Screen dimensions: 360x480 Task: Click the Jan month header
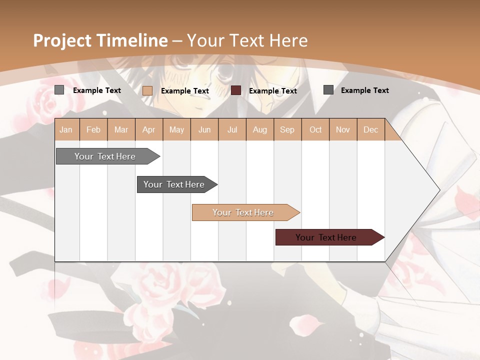(66, 129)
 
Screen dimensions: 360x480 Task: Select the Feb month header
(93, 129)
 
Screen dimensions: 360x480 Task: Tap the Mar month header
(121, 129)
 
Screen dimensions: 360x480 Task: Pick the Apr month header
(149, 129)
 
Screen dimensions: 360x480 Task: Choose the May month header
(176, 129)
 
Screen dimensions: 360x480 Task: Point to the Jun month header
(204, 129)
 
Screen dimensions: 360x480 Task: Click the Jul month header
(232, 129)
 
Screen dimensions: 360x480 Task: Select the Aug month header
(260, 129)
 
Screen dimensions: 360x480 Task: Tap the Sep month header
(287, 129)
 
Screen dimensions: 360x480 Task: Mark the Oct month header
(315, 129)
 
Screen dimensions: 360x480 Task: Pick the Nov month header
(343, 129)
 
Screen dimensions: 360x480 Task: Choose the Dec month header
(371, 129)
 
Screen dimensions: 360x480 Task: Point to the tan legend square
(147, 90)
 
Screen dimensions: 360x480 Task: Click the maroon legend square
(236, 90)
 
